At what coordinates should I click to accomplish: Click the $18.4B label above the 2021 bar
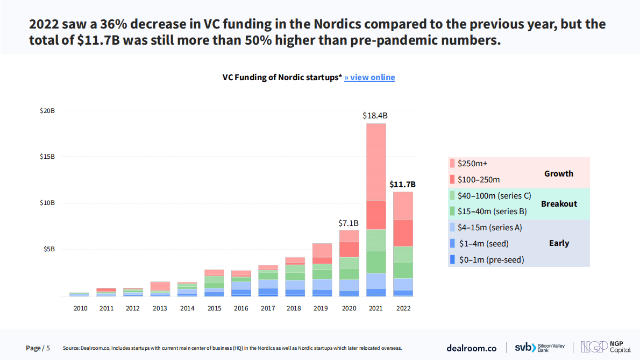coord(375,115)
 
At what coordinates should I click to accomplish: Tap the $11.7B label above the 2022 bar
coord(402,184)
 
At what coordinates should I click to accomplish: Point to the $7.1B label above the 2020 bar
coord(348,223)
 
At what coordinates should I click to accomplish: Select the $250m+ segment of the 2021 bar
coord(376,161)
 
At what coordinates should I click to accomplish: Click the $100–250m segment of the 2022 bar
coord(403,232)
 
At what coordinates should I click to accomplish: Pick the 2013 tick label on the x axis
coord(160,308)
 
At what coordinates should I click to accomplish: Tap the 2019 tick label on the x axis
coord(322,308)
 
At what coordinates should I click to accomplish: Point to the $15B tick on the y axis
coord(47,157)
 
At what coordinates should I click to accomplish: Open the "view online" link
coord(369,77)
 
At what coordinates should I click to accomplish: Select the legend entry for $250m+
coord(472,164)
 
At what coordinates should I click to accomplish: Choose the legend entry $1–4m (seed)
coord(482,243)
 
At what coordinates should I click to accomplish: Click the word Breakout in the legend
coord(559,204)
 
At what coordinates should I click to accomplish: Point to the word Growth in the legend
coord(559,173)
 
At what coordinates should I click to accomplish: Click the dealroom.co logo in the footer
coord(472,348)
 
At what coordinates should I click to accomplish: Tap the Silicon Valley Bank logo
coord(539,348)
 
